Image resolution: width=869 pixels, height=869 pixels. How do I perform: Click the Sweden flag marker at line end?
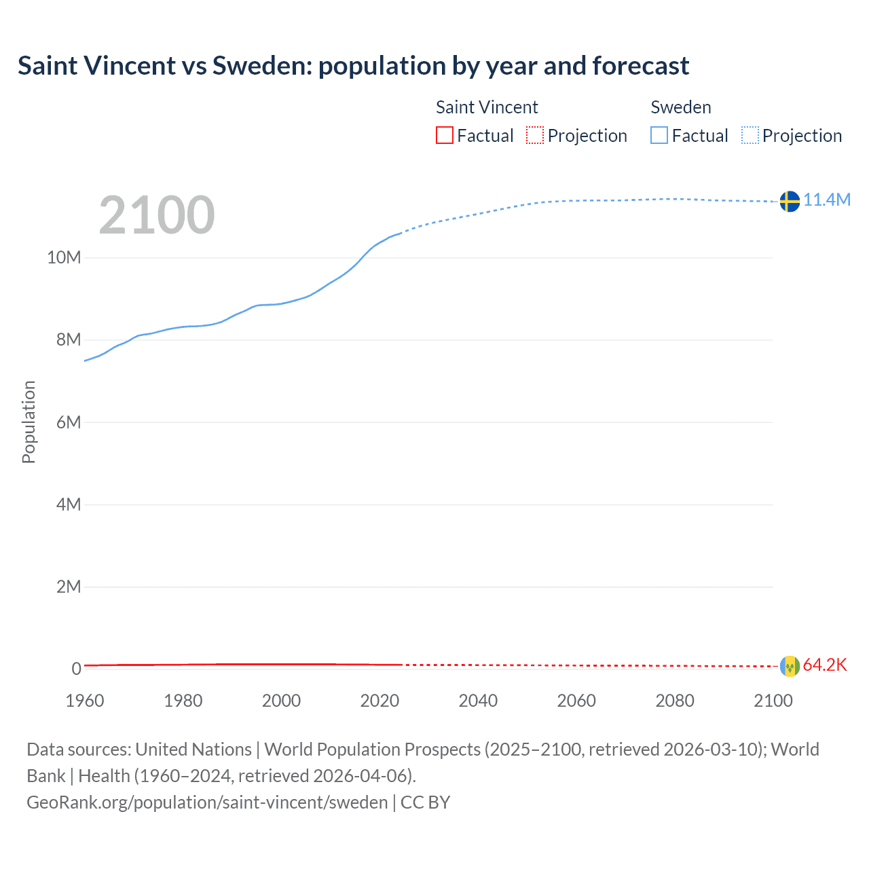[790, 202]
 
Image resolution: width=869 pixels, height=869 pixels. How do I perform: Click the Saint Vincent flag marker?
[790, 666]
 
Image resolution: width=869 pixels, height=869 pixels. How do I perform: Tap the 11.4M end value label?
[827, 200]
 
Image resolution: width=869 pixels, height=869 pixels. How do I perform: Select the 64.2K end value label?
[825, 665]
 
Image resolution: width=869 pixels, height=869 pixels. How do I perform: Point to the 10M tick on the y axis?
[64, 257]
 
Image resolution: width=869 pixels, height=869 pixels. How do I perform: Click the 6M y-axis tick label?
[69, 422]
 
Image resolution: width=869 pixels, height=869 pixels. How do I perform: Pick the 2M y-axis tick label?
[69, 587]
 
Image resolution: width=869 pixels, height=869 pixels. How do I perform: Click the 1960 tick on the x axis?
[85, 701]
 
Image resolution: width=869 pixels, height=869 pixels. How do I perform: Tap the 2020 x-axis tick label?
[380, 701]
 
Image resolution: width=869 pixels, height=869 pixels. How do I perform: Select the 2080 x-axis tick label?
[674, 701]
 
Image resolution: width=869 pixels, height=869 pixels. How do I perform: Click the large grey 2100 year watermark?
[157, 215]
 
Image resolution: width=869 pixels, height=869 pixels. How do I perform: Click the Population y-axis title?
[29, 422]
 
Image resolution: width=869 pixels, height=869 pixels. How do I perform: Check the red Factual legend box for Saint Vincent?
[444, 136]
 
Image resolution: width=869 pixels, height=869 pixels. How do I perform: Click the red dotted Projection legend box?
[535, 136]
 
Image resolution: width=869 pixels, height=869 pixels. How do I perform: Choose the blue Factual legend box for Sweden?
[659, 136]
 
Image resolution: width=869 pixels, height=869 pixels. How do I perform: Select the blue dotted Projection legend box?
[750, 136]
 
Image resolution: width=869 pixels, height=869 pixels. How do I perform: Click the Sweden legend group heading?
[681, 107]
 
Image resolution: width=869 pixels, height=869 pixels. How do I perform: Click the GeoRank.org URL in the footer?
[207, 802]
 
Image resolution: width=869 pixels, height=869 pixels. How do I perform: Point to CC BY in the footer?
[426, 802]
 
